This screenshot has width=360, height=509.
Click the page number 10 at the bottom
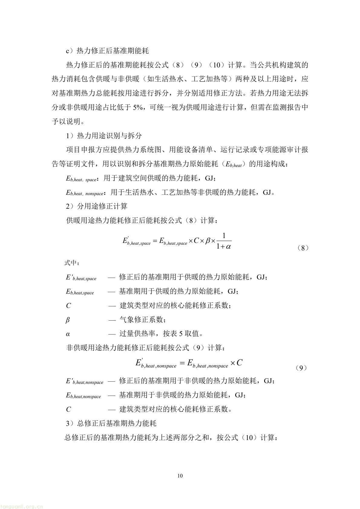click(x=180, y=476)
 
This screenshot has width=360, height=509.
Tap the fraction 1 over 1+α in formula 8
click(x=224, y=241)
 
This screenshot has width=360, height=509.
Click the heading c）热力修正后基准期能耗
click(x=107, y=51)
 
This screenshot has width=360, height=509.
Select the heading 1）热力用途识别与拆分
click(x=104, y=136)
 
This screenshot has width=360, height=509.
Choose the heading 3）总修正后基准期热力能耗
click(x=111, y=423)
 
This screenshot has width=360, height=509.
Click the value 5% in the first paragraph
click(x=138, y=107)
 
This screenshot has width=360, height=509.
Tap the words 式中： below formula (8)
click(x=72, y=263)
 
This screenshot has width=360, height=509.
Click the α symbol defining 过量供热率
click(x=68, y=334)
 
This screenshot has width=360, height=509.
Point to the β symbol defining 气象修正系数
click(x=68, y=320)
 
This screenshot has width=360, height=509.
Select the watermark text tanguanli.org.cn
click(x=22, y=506)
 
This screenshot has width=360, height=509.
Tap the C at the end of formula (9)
click(x=239, y=363)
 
